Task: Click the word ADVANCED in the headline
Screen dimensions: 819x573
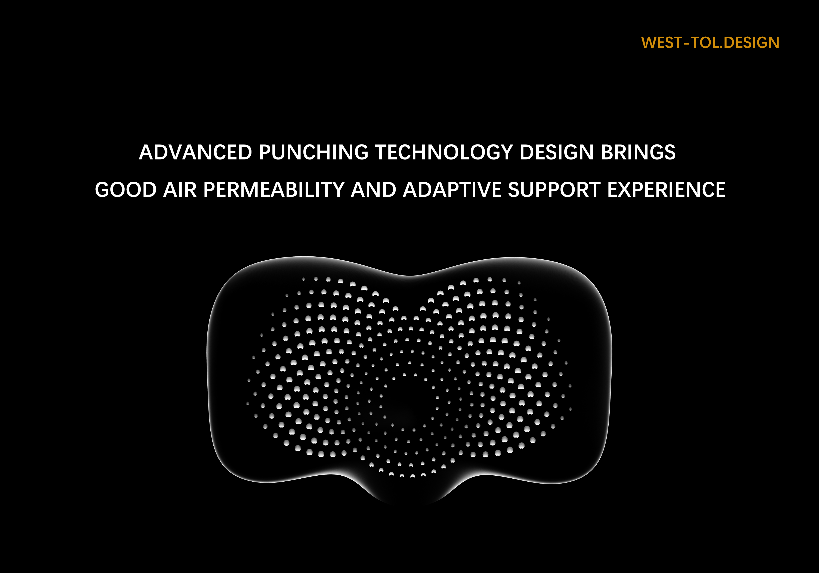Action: [195, 152]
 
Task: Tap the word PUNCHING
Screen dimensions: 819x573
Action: [313, 152]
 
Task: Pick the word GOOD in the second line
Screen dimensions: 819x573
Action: [126, 190]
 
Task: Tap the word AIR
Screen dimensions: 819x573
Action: [180, 190]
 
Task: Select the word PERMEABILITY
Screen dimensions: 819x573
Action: [273, 190]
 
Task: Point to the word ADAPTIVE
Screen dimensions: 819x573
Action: [452, 190]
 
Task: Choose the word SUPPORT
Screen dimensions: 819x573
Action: [554, 190]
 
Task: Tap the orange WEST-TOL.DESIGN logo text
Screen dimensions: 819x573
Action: [710, 42]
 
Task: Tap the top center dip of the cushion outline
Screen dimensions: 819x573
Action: [410, 276]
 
